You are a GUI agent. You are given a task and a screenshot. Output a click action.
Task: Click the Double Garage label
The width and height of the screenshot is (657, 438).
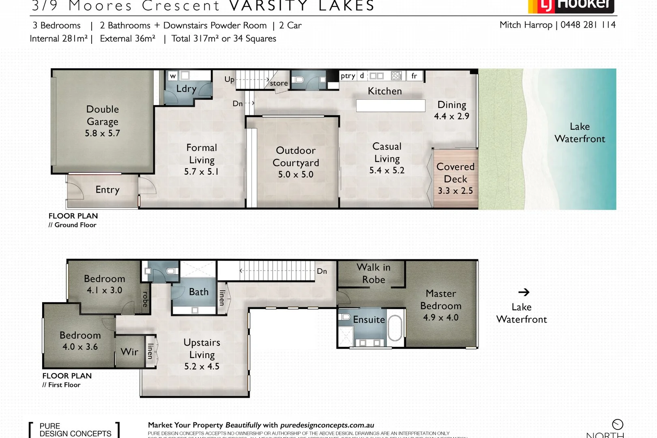pos(103,115)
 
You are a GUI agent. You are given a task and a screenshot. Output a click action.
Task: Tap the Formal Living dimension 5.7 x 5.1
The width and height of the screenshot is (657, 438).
pos(201,172)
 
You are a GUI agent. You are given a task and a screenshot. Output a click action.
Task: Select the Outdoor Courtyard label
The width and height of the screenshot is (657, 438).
pos(296,156)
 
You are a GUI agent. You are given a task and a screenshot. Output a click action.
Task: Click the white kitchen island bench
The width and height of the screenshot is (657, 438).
pos(391,105)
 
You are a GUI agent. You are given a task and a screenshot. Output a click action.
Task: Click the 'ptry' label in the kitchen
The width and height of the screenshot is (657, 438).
pos(348,76)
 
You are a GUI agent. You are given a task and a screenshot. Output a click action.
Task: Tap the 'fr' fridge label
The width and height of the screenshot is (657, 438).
pos(414,76)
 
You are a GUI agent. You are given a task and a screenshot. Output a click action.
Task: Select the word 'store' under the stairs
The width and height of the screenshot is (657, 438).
pos(279,83)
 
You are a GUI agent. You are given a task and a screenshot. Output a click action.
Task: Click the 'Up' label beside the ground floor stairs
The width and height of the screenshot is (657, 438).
pos(229,79)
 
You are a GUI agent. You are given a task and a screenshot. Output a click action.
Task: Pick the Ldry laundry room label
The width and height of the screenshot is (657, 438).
pos(186,89)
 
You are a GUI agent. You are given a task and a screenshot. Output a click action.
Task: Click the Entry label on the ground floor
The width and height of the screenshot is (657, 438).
pos(107,190)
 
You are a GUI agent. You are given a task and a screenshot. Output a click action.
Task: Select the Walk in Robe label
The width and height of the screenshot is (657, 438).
pos(374,273)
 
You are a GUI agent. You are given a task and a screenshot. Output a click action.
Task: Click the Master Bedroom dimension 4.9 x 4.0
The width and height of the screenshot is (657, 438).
pos(441,318)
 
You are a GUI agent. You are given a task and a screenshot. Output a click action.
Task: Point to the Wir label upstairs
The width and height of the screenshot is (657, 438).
pos(129,352)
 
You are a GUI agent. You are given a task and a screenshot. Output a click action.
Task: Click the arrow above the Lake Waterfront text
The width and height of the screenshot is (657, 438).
pos(524,292)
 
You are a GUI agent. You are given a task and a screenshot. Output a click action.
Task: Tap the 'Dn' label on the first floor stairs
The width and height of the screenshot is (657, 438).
pos(322,271)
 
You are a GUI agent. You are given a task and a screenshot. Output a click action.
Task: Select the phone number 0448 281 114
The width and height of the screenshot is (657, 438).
pos(588,25)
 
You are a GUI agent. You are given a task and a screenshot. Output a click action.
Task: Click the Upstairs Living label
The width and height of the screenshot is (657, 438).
pos(202,348)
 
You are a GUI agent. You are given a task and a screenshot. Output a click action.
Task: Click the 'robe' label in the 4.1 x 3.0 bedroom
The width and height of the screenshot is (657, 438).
pos(145,299)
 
